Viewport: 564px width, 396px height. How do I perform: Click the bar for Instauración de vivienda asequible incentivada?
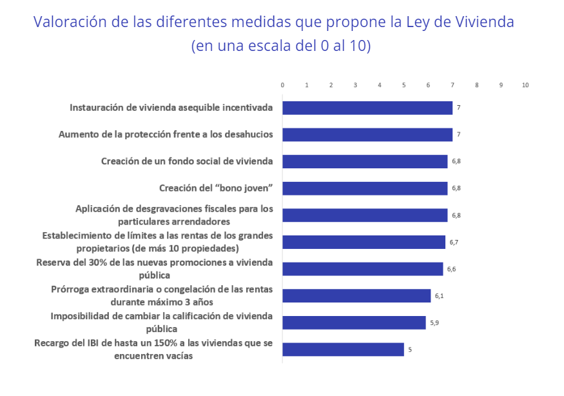[x=367, y=108]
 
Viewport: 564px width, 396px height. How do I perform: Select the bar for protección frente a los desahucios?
[x=367, y=135]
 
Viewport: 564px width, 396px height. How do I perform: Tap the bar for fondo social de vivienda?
[x=365, y=161]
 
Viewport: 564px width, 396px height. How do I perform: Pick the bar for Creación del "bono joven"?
[x=365, y=188]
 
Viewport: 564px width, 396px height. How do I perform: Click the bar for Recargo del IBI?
[x=343, y=350]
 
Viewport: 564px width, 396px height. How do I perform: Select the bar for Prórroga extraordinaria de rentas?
[x=356, y=296]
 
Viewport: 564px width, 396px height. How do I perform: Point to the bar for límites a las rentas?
[x=364, y=242]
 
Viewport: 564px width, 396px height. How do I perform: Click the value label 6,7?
[x=454, y=242]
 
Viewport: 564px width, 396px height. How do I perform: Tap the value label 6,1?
[x=439, y=296]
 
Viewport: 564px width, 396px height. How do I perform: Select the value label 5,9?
[x=434, y=322]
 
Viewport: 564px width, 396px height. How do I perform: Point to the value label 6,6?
[x=451, y=269]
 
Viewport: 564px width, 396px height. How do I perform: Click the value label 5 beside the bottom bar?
[x=409, y=350]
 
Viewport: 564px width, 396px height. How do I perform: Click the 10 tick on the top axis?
[x=525, y=85]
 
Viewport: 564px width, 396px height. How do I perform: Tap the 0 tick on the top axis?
[x=282, y=85]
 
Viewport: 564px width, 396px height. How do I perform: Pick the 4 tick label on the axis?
[x=380, y=85]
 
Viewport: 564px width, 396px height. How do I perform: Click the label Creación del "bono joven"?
[x=216, y=188]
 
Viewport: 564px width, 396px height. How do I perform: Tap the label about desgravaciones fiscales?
[x=174, y=215]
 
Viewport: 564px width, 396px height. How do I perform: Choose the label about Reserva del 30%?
[x=154, y=268]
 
